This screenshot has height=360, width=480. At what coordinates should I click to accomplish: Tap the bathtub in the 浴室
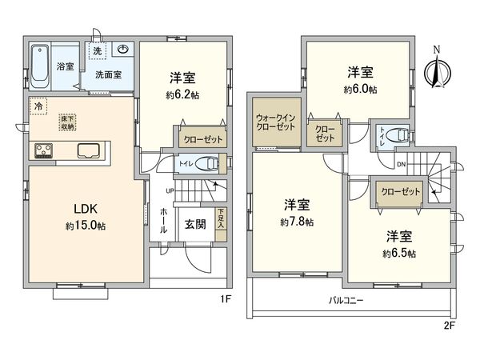(40, 61)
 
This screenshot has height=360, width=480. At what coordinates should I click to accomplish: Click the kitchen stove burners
(42, 150)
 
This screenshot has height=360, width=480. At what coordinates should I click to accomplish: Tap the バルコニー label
(346, 302)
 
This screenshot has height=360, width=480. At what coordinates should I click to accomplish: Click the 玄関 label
(194, 225)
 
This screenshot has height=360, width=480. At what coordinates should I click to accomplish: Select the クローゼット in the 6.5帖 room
(400, 192)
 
